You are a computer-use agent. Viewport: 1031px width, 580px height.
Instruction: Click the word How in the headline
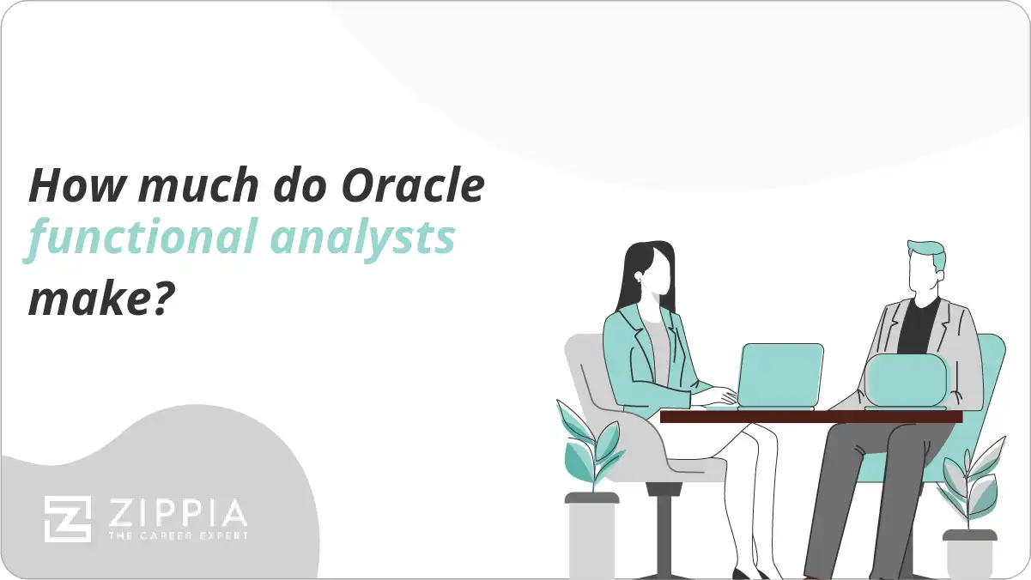coord(71,186)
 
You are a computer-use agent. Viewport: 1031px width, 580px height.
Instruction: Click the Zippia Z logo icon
coord(68,518)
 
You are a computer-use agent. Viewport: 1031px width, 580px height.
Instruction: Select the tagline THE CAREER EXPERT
coord(177,536)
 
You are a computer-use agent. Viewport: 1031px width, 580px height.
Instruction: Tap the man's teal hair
coord(928,257)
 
